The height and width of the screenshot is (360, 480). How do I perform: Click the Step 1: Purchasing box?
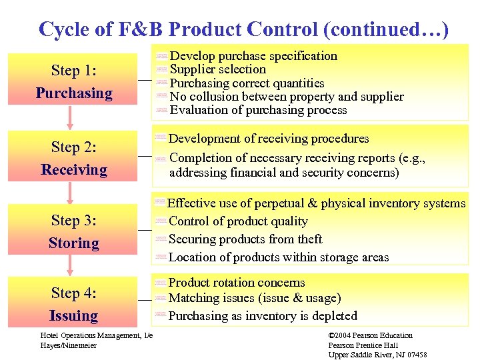[73, 82]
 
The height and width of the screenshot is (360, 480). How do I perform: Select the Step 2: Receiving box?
[73, 159]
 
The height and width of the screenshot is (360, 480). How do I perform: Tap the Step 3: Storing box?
[73, 231]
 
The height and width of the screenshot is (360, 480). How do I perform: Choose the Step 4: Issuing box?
[73, 303]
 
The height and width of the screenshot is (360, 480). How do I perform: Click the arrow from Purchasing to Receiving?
[70, 117]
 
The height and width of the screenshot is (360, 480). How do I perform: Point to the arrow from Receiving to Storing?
[70, 193]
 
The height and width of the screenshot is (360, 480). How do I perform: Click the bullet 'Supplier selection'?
[217, 69]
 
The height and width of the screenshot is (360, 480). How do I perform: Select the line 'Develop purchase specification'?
[253, 56]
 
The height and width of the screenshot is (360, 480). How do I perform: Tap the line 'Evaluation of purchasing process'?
[258, 110]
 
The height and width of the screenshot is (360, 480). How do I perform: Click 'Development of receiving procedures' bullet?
[268, 139]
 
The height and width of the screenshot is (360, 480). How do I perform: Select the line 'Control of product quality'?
[238, 221]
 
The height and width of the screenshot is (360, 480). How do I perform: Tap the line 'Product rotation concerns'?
[236, 283]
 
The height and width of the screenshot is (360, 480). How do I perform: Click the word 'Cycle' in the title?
[59, 29]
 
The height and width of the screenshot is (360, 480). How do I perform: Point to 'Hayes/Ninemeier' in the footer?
[69, 345]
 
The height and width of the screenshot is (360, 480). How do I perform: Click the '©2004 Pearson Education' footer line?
[371, 335]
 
